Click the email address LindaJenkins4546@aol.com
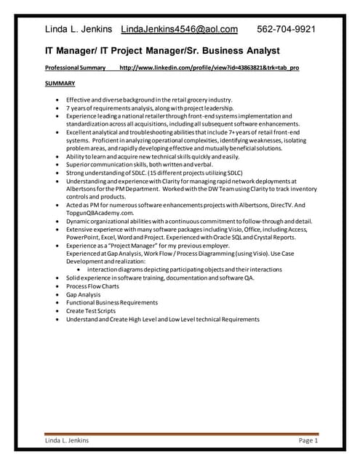click(x=179, y=29)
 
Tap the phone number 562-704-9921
click(x=287, y=29)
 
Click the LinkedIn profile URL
click(x=209, y=68)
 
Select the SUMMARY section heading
click(x=60, y=84)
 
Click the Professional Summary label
click(x=76, y=68)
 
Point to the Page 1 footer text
click(x=308, y=440)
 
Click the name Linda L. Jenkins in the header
click(x=79, y=29)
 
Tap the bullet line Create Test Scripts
click(x=91, y=311)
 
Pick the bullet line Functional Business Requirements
click(x=111, y=303)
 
